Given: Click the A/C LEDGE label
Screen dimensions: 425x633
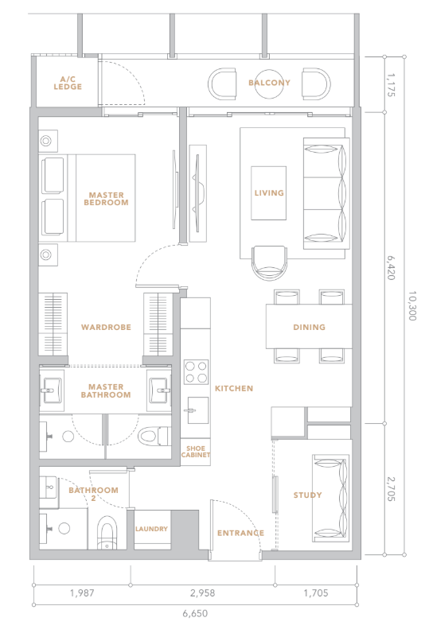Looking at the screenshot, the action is (x=68, y=83).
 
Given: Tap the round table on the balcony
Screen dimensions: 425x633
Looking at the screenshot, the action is (x=270, y=83).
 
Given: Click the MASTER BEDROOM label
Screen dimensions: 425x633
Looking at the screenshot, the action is (x=107, y=199).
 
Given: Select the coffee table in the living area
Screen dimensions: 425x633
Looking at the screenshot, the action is (x=269, y=193).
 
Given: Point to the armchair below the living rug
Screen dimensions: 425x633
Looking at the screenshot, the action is (x=270, y=262).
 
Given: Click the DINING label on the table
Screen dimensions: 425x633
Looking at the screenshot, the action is (x=309, y=327).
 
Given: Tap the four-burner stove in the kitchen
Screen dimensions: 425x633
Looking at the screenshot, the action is (x=196, y=372).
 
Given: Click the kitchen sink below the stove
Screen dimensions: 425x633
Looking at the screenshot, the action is (x=197, y=410).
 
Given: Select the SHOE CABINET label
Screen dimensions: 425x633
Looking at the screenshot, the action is (x=196, y=452).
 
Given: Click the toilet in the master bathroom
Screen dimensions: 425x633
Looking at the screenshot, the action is (x=154, y=436).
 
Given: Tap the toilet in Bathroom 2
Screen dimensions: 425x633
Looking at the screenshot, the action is (x=107, y=532).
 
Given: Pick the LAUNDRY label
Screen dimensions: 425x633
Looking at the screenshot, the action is (x=151, y=529).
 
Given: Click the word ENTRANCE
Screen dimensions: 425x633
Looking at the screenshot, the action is (x=241, y=534).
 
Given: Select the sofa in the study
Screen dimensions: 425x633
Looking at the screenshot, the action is (x=330, y=499).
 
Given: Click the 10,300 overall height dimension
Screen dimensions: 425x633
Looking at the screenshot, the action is (x=411, y=305).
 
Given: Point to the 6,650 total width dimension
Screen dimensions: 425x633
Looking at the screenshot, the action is (x=195, y=614).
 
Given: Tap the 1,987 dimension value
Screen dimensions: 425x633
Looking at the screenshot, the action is (x=82, y=593).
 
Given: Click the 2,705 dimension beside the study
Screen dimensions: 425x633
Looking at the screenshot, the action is (x=390, y=489).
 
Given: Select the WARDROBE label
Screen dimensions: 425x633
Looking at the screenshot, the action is (x=107, y=327).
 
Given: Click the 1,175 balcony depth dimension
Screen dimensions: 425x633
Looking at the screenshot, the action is (x=390, y=84).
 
